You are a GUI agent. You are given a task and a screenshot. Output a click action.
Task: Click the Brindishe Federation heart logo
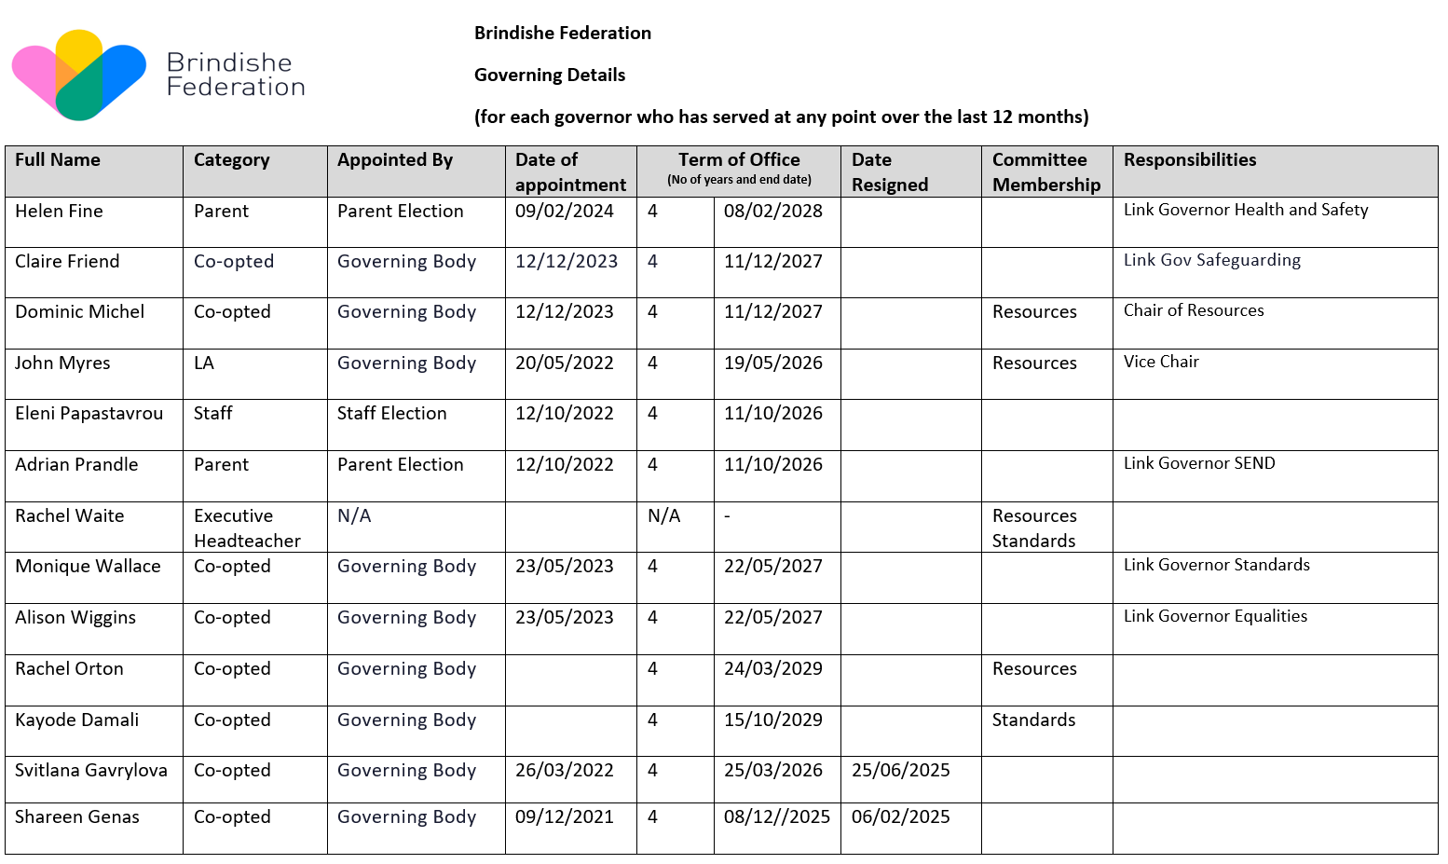click(x=79, y=75)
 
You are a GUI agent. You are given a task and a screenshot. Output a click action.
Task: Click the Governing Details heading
click(x=550, y=75)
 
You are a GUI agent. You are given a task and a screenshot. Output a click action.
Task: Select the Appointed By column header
click(x=395, y=160)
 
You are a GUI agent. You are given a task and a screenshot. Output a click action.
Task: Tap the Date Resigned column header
click(x=889, y=171)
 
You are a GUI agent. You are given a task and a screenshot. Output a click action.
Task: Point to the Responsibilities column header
click(x=1190, y=160)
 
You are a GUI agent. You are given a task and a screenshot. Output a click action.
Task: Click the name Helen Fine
click(x=59, y=212)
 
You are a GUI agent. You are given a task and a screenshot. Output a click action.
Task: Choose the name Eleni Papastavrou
click(x=89, y=414)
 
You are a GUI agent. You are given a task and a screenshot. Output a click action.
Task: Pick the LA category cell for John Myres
click(x=204, y=363)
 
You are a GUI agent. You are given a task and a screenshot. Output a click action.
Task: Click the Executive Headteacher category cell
click(x=247, y=528)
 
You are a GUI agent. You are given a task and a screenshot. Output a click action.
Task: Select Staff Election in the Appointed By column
click(x=391, y=414)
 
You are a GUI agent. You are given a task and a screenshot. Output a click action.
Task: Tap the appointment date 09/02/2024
click(x=564, y=212)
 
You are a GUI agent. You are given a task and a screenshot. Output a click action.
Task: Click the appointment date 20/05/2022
click(x=564, y=363)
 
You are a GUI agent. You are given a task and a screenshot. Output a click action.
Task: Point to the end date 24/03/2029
click(x=772, y=669)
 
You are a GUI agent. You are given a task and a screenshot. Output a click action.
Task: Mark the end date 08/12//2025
click(x=776, y=817)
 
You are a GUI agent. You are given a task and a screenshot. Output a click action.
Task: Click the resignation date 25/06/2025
click(x=900, y=771)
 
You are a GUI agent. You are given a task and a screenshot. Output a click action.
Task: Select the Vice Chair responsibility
click(x=1161, y=362)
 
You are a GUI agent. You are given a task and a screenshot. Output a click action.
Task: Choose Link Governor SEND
click(x=1199, y=463)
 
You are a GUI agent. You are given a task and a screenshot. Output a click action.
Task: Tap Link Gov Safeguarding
click(x=1211, y=260)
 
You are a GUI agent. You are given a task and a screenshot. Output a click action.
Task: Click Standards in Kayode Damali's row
click(x=1033, y=720)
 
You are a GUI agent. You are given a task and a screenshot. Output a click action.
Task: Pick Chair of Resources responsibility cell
click(x=1194, y=310)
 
